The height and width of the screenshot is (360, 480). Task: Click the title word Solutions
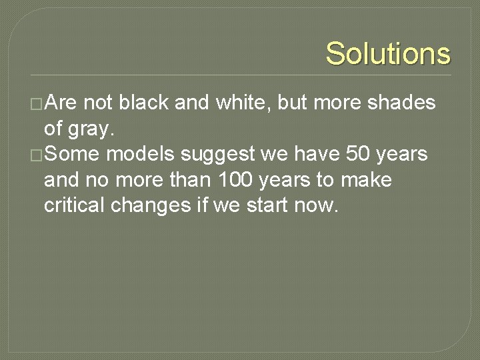pos(388,53)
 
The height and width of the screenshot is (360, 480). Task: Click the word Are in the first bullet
pos(63,103)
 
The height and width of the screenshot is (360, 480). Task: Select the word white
pos(241,103)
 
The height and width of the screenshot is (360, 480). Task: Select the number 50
pos(360,155)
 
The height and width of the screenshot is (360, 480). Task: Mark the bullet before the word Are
pos(37,104)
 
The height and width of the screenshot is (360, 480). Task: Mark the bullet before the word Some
pos(37,155)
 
